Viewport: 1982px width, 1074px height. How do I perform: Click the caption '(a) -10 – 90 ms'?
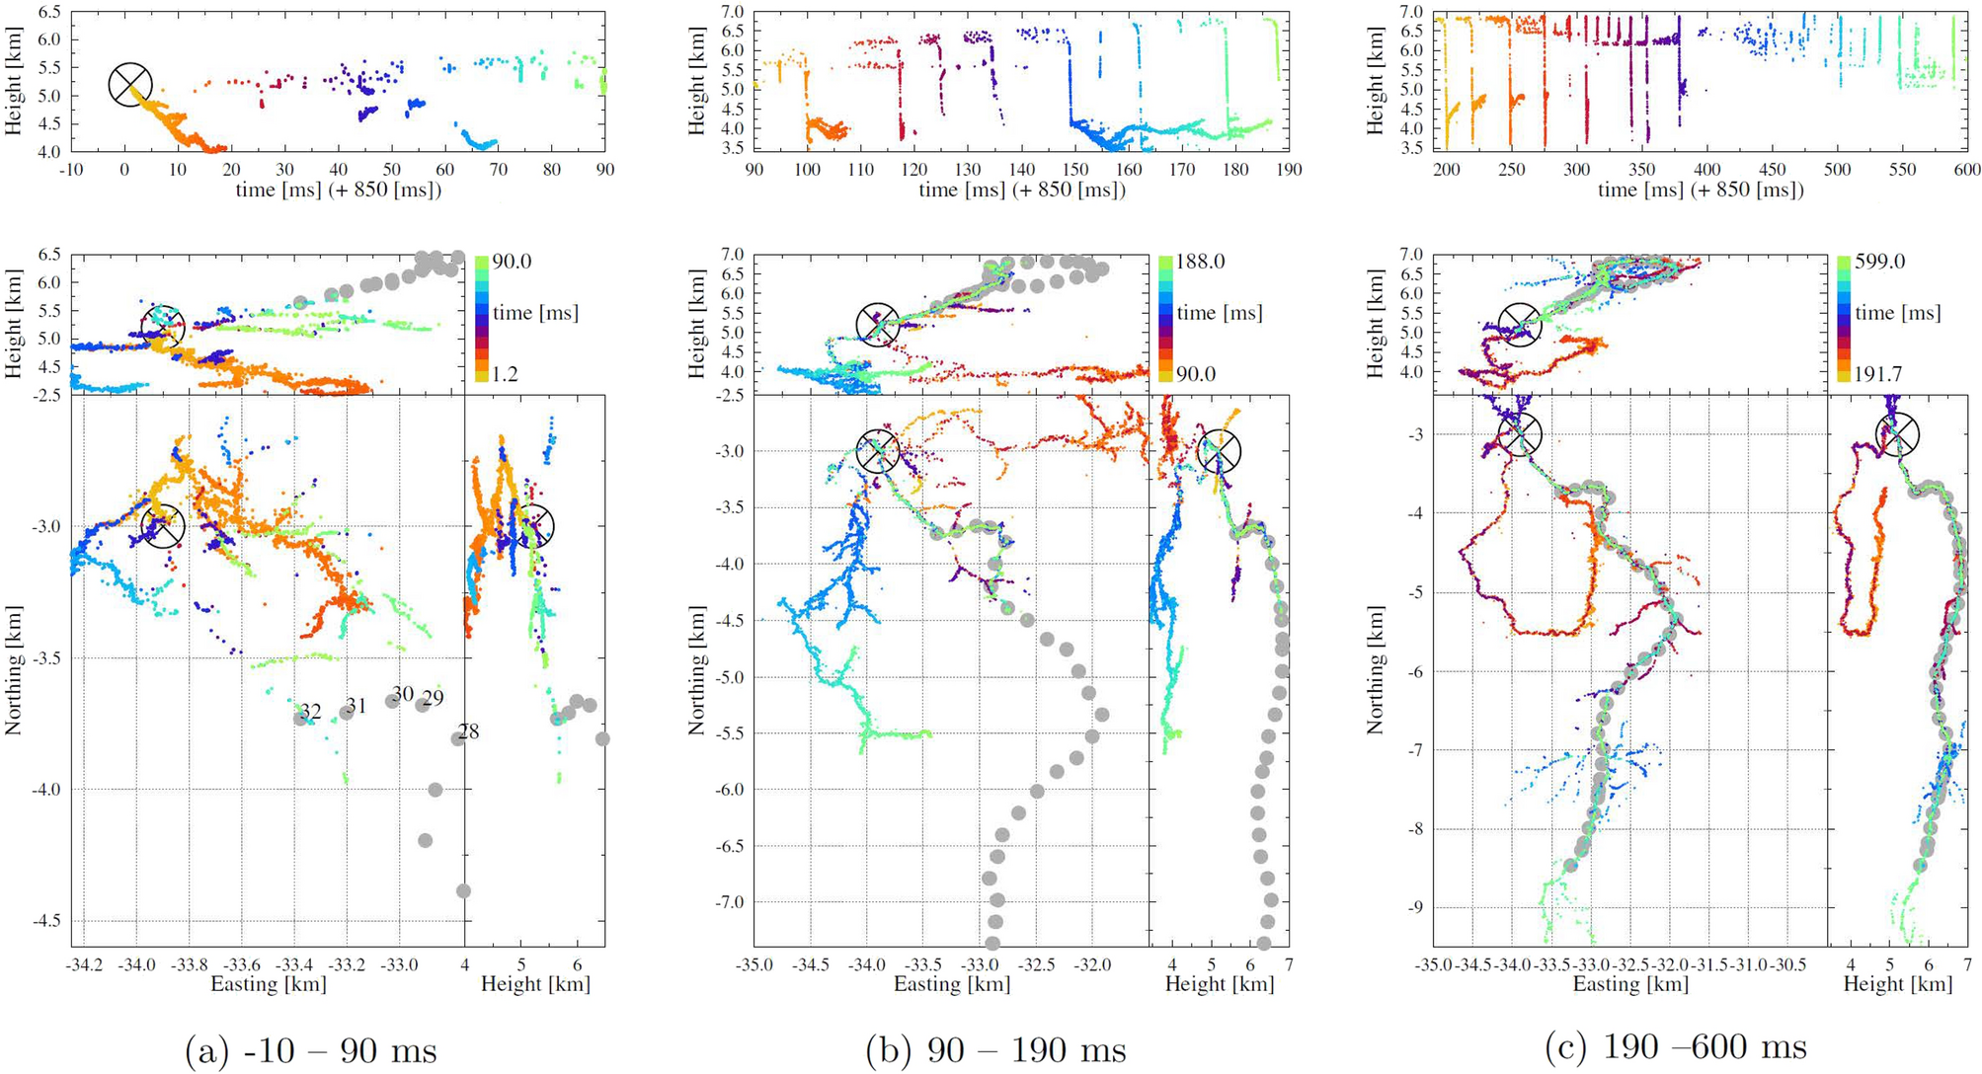coord(310,1049)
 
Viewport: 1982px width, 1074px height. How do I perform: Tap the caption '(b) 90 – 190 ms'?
coord(995,1049)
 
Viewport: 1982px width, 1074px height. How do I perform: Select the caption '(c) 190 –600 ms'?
coord(1676,1047)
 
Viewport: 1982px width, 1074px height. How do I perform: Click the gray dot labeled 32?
coord(300,718)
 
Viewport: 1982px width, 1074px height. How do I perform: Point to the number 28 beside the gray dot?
coord(468,731)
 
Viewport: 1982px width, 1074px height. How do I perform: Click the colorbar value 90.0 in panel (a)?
coord(512,262)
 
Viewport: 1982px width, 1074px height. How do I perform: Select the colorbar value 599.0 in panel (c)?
coord(1879,262)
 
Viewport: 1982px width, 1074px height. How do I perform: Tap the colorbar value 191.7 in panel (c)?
coord(1879,374)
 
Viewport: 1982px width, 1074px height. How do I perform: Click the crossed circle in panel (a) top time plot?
coord(130,85)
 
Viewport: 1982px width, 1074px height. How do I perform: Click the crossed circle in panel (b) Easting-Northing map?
coord(877,451)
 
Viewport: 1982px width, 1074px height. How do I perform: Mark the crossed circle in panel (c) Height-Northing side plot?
coord(1897,434)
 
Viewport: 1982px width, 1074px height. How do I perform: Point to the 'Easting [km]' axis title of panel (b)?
coord(952,984)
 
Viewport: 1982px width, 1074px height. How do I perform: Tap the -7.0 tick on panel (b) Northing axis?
coord(727,902)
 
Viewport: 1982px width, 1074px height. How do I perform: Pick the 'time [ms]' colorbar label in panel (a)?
coord(535,313)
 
